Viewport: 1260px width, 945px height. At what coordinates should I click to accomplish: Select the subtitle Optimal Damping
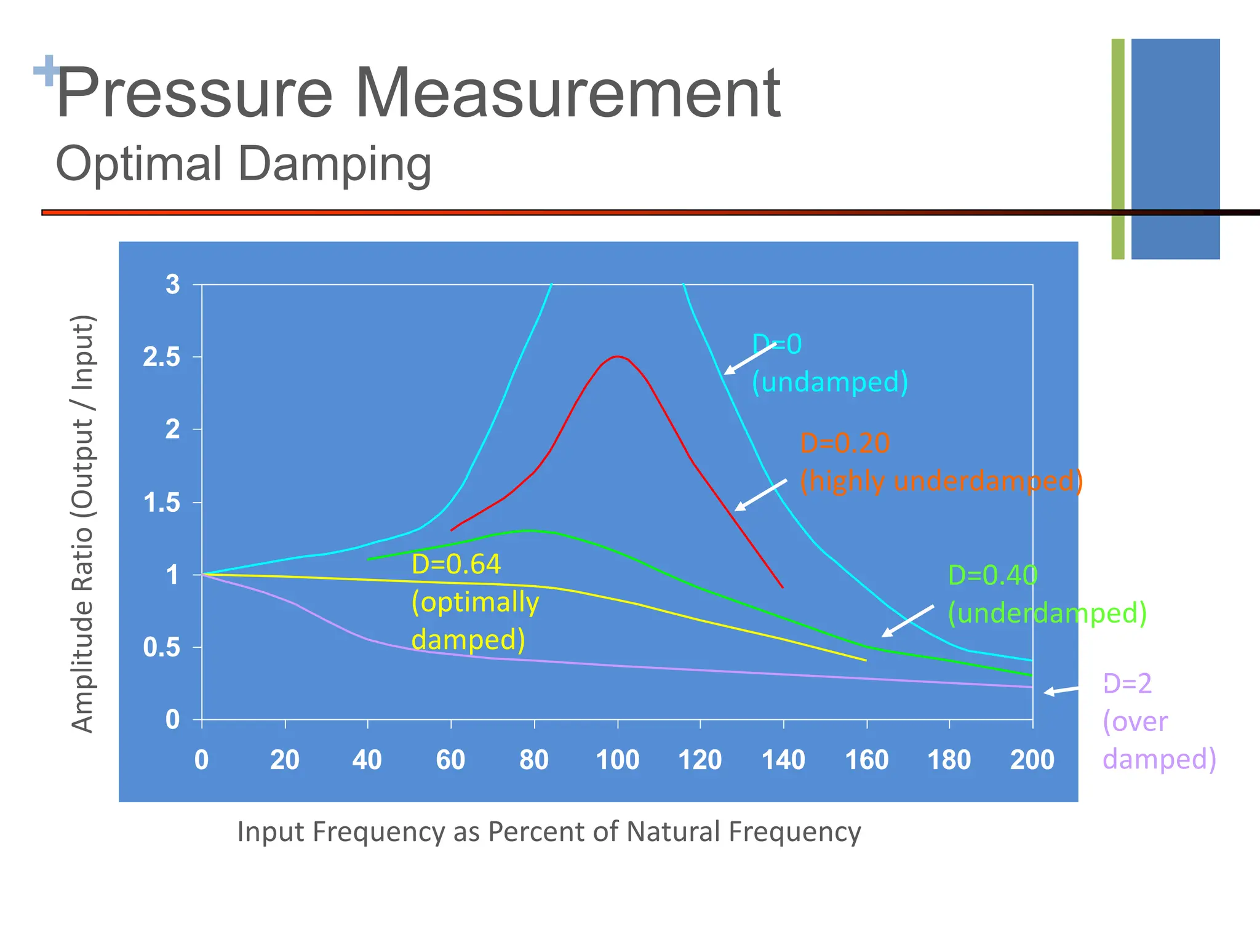[x=244, y=164]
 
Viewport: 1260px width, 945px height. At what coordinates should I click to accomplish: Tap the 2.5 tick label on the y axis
[x=162, y=357]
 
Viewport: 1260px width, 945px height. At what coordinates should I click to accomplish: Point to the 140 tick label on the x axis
[x=783, y=760]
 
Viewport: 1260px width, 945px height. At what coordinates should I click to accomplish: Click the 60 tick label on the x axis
[x=450, y=760]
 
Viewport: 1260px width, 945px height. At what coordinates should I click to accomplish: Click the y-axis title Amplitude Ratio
[x=82, y=523]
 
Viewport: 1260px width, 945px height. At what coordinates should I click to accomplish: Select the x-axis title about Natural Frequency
[x=549, y=832]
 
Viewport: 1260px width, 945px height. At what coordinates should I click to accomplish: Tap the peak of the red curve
[x=617, y=356]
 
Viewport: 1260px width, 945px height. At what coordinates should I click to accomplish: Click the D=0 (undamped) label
[x=829, y=363]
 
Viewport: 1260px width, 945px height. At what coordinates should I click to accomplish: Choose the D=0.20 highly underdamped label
[x=940, y=461]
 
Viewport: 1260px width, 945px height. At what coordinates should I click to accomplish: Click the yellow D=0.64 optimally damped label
[x=474, y=602]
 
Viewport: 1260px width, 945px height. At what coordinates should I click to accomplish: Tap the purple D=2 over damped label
[x=1158, y=721]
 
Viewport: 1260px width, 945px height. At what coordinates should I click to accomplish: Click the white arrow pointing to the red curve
[x=760, y=495]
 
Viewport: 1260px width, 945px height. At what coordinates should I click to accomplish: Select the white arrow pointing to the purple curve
[x=1061, y=691]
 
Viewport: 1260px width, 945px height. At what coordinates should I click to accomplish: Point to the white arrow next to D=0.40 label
[x=907, y=621]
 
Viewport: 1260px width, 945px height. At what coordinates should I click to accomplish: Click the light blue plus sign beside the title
[x=46, y=71]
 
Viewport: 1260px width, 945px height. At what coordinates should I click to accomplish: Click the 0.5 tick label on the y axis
[x=162, y=648]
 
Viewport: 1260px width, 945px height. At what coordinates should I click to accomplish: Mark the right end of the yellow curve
[x=865, y=660]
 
